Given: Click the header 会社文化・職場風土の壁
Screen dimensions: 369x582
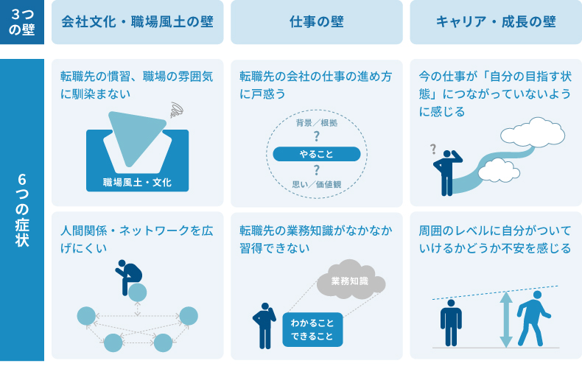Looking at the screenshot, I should (x=138, y=22).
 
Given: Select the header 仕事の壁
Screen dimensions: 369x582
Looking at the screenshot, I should (x=317, y=22).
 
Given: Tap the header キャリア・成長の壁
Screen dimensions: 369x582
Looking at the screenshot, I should (x=496, y=22).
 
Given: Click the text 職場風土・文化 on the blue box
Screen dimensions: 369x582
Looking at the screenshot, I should (x=138, y=182).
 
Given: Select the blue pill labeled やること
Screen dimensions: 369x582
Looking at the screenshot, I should (x=317, y=154).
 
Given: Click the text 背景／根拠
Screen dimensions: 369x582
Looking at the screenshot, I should (x=317, y=122).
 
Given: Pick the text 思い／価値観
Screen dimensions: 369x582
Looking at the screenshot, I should (x=317, y=185).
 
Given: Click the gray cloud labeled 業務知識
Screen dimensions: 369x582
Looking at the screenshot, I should (x=351, y=281).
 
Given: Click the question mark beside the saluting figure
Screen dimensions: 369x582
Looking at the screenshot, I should (x=434, y=150).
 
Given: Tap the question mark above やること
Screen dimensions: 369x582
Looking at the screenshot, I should (x=317, y=136).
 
